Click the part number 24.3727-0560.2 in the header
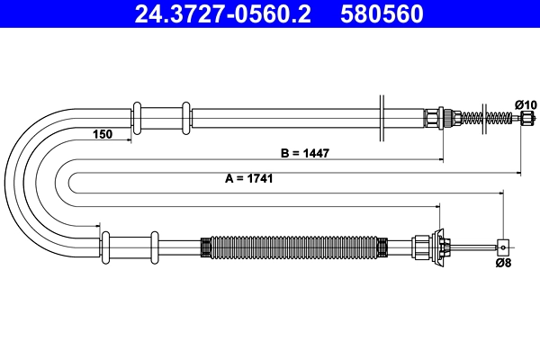click(222, 13)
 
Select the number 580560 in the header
click(382, 13)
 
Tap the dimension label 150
click(103, 135)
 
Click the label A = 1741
click(248, 178)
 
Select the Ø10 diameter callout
click(526, 105)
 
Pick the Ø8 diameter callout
click(505, 263)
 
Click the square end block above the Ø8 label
click(504, 245)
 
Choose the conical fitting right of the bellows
click(441, 245)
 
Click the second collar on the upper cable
click(186, 118)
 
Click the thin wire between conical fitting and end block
click(473, 245)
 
